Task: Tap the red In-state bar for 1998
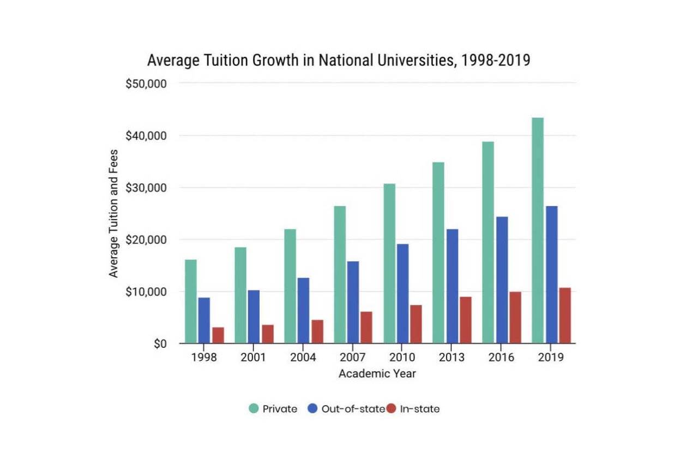[x=218, y=335]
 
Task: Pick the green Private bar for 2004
[x=290, y=286]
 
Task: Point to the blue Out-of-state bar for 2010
[x=402, y=294]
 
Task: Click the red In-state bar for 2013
[x=466, y=320]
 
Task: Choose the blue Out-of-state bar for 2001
[x=254, y=317]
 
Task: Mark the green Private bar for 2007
[x=340, y=275]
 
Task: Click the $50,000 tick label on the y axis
[x=145, y=84]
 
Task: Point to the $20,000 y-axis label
[x=145, y=240]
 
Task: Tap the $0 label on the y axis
[x=160, y=344]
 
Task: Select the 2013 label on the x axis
[x=452, y=358]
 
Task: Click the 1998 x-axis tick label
[x=204, y=358]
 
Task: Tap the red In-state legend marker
[x=391, y=409]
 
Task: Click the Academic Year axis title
[x=377, y=374]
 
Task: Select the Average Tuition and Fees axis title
[x=113, y=213]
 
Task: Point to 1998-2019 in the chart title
[x=496, y=61]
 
